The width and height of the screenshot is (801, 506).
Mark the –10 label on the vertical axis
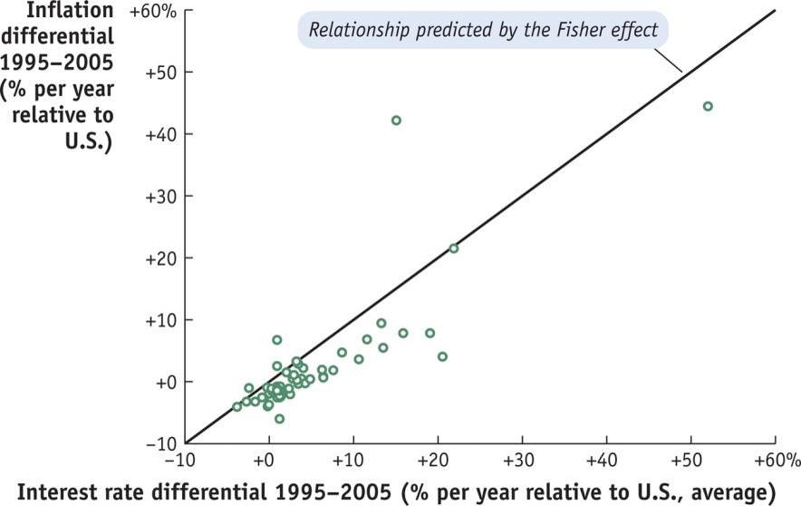coord(160,443)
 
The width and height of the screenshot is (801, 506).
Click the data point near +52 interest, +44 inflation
coord(708,106)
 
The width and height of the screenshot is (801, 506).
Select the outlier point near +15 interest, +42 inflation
coord(396,121)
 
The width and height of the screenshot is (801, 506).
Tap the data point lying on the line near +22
coord(454,248)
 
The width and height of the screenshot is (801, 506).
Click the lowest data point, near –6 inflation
coord(279,418)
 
